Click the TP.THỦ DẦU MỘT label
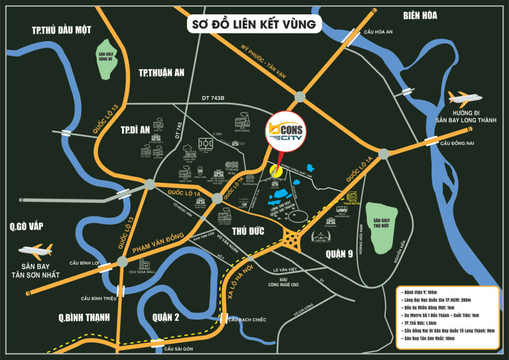pyautogui.click(x=62, y=30)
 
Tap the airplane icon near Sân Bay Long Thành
pyautogui.click(x=465, y=97)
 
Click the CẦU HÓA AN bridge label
pyautogui.click(x=378, y=32)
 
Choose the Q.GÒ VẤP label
pyautogui.click(x=26, y=227)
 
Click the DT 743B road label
pyautogui.click(x=213, y=98)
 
